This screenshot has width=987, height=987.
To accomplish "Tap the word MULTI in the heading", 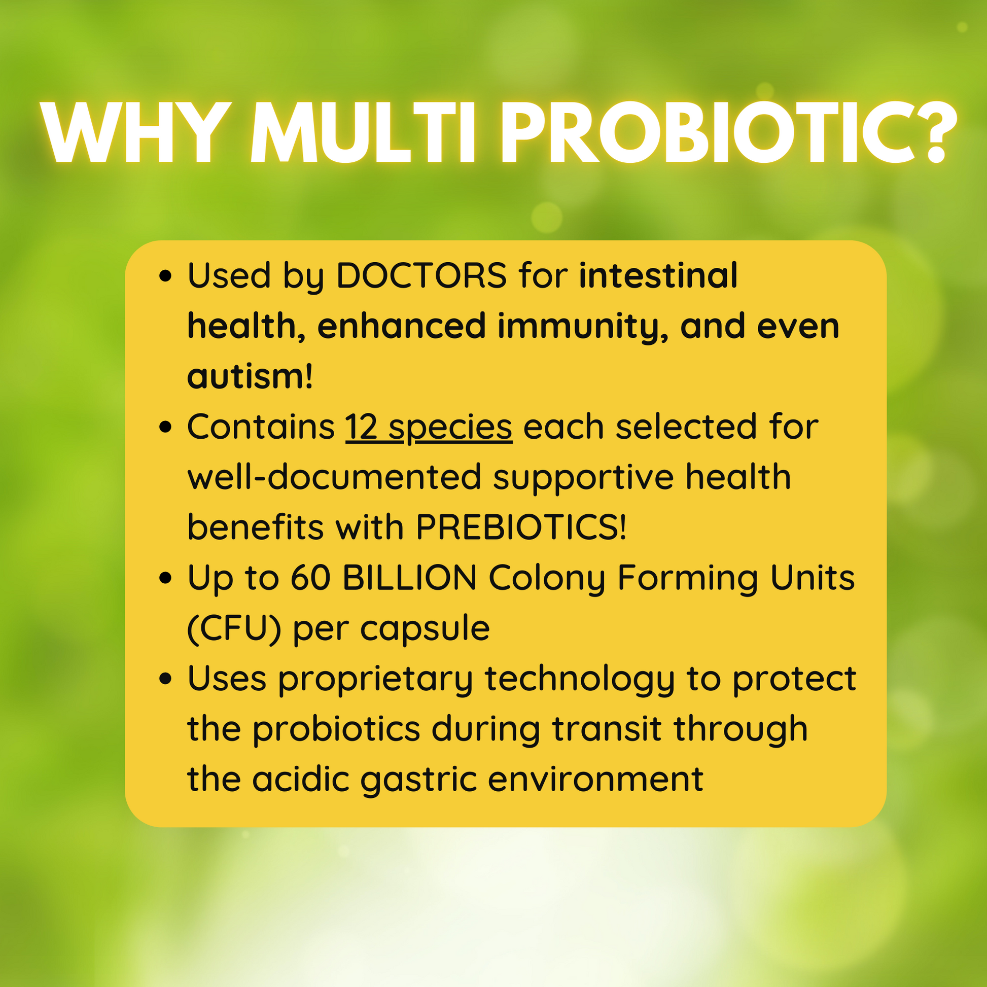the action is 363,132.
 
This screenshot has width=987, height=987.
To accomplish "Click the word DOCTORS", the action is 421,275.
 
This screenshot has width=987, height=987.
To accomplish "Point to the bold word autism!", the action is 250,376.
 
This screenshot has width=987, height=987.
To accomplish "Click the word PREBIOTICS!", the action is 521,526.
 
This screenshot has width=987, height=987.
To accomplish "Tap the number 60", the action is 311,578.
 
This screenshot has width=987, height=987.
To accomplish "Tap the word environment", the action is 595,780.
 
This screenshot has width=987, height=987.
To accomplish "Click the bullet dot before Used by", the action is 165,276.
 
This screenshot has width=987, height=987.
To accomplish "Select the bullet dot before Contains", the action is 165,427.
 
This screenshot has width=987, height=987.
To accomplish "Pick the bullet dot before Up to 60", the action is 165,578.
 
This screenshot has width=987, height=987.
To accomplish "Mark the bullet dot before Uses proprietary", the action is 165,679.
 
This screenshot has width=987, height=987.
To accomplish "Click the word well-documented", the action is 335,477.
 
